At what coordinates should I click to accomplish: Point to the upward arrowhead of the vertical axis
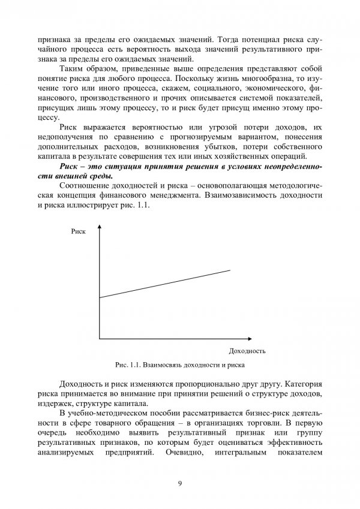pos(98,228)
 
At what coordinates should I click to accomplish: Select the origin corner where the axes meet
pos(98,339)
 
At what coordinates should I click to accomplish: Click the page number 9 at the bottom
pos(180,484)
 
